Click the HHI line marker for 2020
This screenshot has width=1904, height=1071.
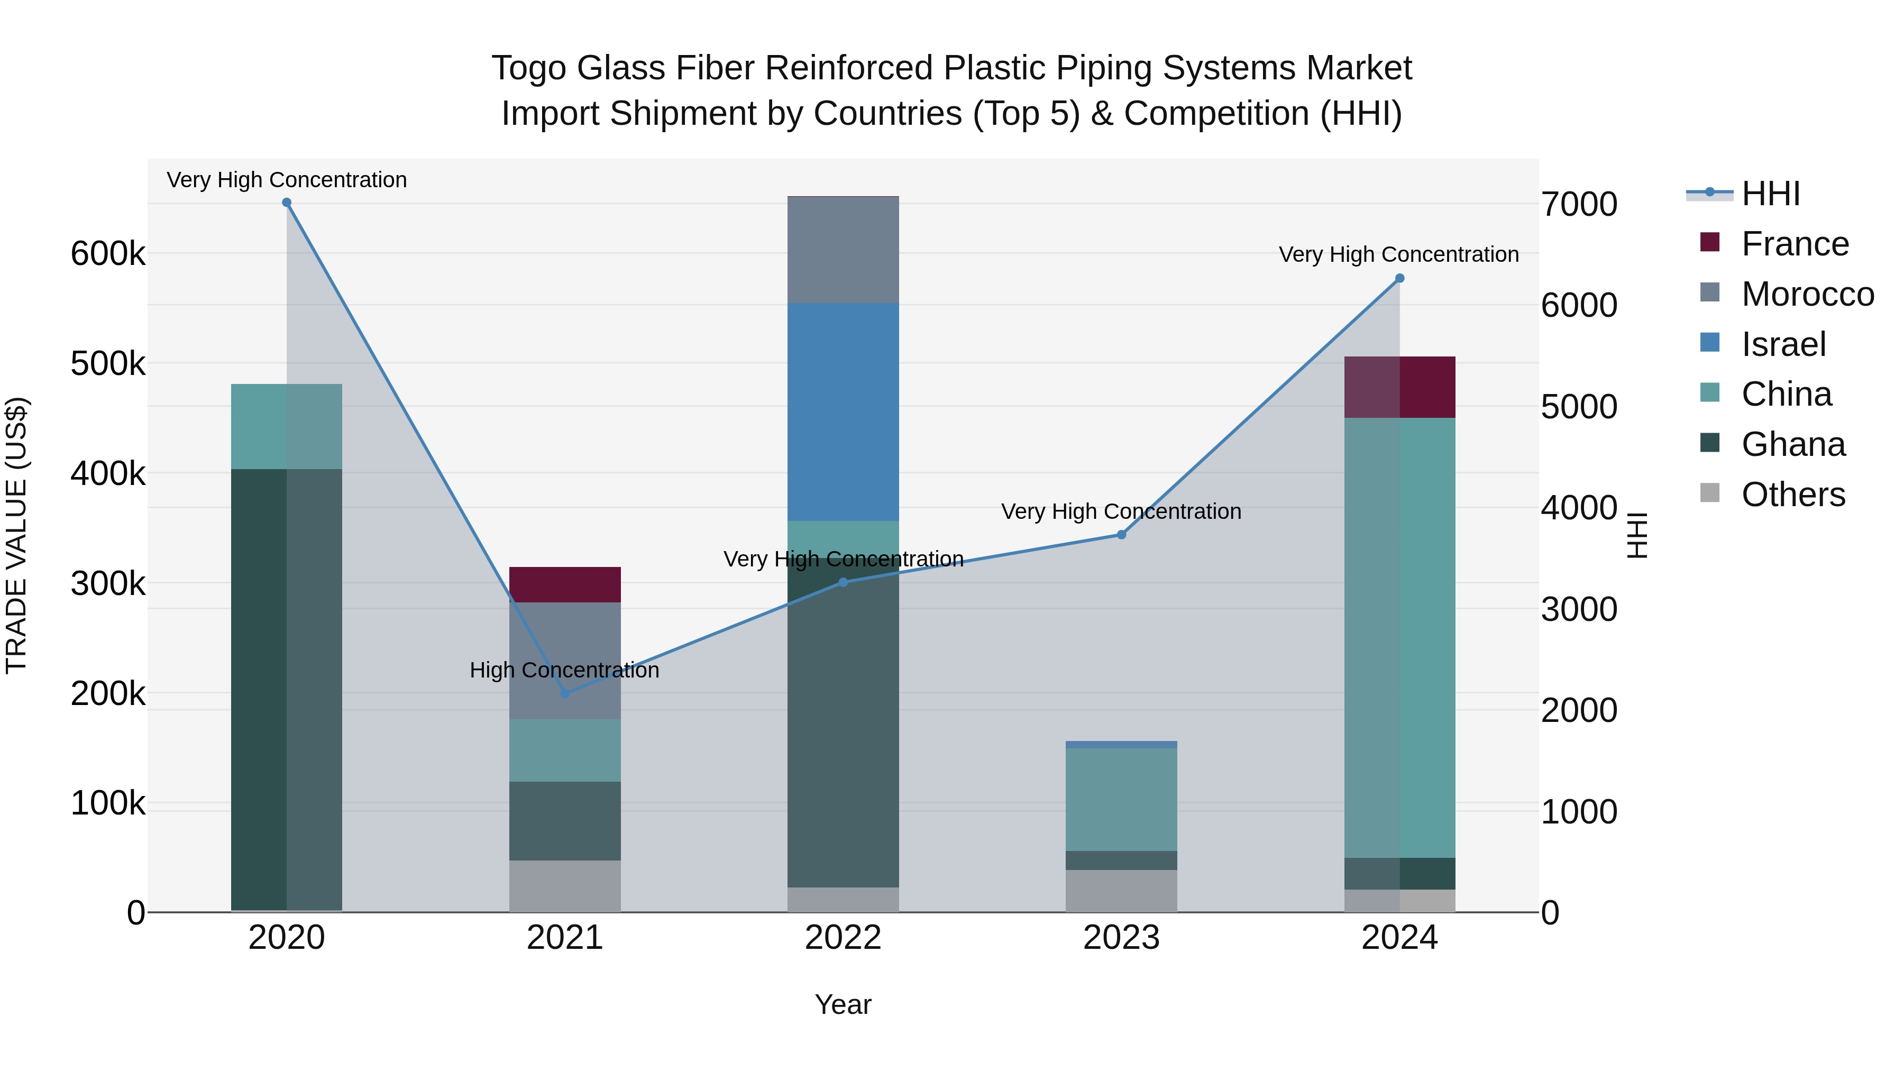pos(287,203)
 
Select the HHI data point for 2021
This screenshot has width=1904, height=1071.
pos(565,693)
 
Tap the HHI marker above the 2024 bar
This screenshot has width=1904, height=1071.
pos(1399,279)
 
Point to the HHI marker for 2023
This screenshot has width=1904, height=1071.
pos(1121,534)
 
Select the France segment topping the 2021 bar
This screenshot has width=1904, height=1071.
pos(565,584)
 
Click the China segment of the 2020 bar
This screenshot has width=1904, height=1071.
pos(287,426)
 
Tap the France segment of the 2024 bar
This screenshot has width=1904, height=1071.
pos(1399,387)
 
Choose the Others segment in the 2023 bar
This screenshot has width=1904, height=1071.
pos(1121,891)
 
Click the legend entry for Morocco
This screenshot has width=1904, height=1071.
pos(1807,294)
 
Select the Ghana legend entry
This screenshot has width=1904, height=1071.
pos(1792,444)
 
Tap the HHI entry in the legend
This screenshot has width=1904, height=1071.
pos(1770,194)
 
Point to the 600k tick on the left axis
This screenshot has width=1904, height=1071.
pos(108,253)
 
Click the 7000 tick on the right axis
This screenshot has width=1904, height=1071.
pos(1579,204)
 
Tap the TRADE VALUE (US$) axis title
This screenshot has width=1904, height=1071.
pos(16,535)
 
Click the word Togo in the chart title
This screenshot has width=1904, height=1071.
pos(528,68)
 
